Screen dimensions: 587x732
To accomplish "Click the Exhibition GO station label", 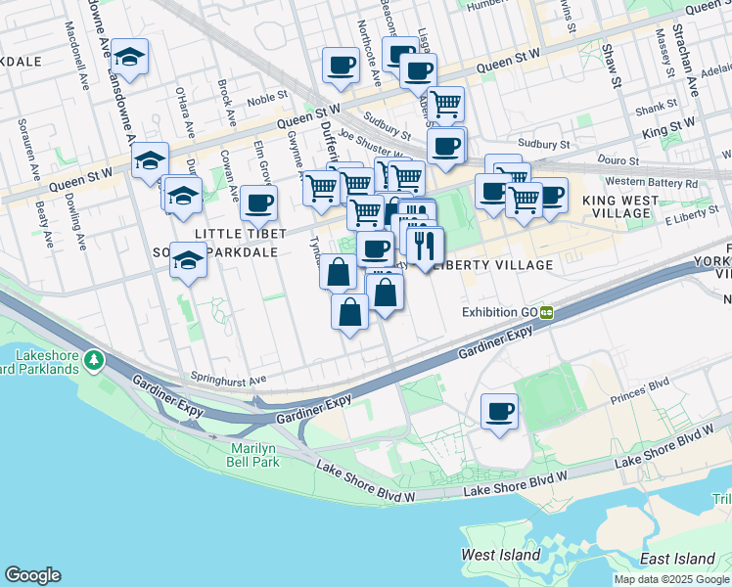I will click(x=500, y=312).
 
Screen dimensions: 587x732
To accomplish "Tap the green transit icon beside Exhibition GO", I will click(x=547, y=312).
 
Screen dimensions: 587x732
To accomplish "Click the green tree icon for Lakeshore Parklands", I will click(x=94, y=361).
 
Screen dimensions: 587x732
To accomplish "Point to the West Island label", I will click(x=501, y=555).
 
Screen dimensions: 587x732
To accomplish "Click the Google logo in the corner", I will click(x=32, y=575).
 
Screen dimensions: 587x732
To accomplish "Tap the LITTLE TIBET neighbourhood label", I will click(x=240, y=233).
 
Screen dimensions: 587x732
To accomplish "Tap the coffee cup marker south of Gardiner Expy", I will click(x=499, y=411).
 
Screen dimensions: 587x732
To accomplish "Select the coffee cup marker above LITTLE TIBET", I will click(x=258, y=203).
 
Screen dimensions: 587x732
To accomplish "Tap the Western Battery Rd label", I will click(x=651, y=182).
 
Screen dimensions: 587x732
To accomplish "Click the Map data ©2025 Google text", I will click(x=671, y=579).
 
